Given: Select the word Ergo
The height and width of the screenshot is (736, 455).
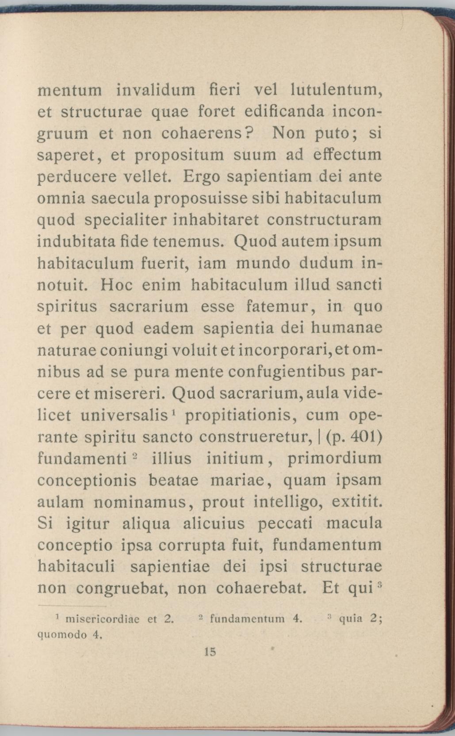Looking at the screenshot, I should point(201,177).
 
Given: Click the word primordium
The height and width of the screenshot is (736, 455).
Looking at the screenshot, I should point(334,458).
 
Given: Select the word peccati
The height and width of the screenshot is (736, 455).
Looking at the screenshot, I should point(285,524).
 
